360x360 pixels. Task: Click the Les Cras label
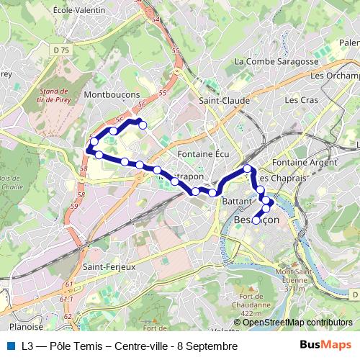pyautogui.click(x=298, y=100)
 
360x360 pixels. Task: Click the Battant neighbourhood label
pyautogui.click(x=235, y=201)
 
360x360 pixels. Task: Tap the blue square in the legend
pyautogui.click(x=11, y=346)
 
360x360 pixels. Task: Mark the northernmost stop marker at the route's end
pyautogui.click(x=142, y=125)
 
